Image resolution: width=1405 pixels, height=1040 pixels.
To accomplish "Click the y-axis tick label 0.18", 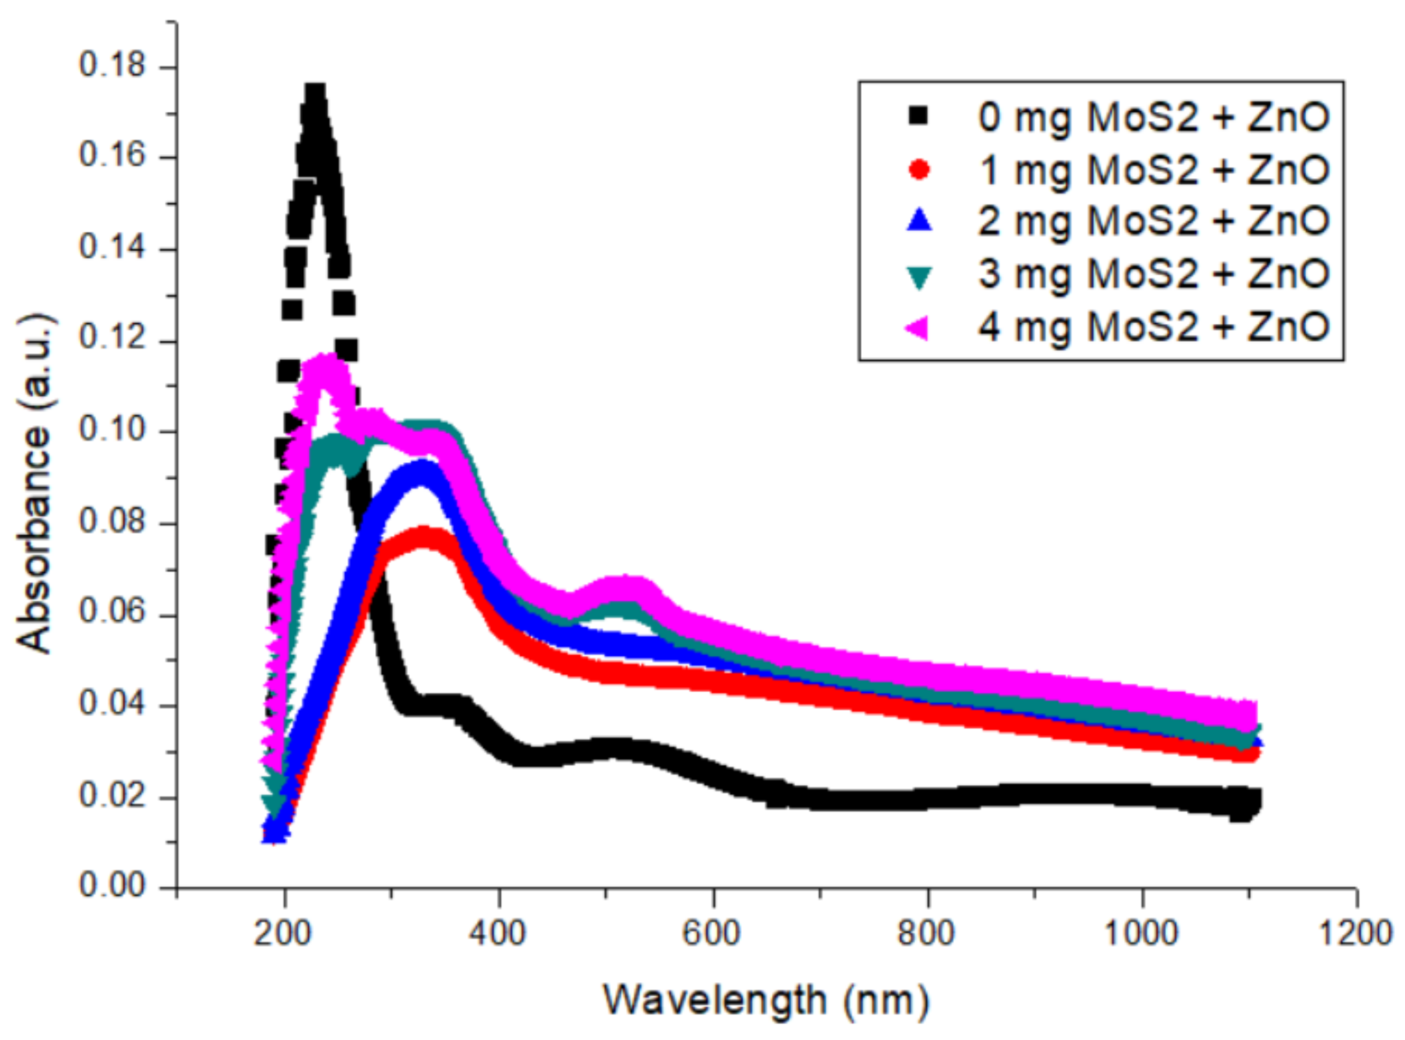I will coord(111,65).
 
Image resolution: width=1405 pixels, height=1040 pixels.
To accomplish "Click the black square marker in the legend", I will coord(919,116).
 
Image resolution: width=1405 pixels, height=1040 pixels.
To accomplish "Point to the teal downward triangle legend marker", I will coord(919,275).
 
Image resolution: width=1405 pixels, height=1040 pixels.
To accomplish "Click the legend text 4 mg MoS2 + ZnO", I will coord(1152,328).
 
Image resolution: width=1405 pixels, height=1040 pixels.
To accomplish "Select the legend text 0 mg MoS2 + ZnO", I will coord(1152,117).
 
